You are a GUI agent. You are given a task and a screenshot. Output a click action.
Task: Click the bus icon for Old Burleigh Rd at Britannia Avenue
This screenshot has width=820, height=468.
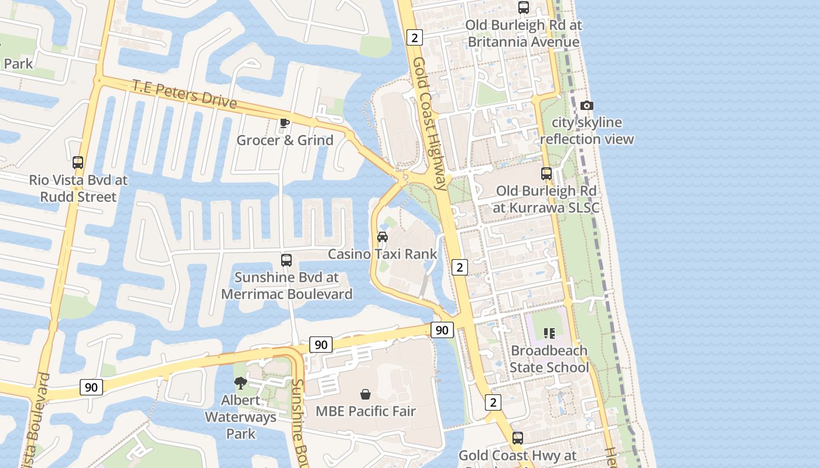[x=524, y=8]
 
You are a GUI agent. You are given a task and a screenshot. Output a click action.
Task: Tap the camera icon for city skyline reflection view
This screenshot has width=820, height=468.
[x=586, y=105]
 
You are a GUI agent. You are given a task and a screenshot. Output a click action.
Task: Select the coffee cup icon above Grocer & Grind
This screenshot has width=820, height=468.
[x=284, y=123]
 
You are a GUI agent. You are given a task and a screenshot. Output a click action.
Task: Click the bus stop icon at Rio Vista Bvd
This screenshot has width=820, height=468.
[x=78, y=163]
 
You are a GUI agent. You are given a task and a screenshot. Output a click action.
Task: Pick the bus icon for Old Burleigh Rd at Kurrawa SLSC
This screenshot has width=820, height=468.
[x=546, y=174]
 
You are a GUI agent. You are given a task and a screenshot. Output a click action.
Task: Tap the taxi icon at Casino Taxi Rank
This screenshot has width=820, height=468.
[x=382, y=237]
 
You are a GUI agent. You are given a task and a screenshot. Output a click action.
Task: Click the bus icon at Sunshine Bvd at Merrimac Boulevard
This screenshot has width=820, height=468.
[x=286, y=260]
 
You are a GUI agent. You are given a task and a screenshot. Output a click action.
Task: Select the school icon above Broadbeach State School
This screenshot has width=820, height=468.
[x=549, y=333]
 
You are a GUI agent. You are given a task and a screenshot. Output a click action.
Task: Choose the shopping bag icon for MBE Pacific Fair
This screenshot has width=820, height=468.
[x=365, y=394]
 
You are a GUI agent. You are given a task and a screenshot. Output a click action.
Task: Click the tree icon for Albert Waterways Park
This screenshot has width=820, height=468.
[x=240, y=383]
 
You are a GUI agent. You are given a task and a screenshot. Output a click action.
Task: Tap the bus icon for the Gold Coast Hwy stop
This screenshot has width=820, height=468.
[x=517, y=438]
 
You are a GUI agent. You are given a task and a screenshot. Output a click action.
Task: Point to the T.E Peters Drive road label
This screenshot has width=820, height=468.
[x=184, y=94]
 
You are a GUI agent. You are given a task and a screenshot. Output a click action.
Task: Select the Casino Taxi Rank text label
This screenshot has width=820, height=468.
[x=382, y=254]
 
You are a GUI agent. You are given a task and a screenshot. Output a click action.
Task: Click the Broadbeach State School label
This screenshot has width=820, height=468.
[x=549, y=359]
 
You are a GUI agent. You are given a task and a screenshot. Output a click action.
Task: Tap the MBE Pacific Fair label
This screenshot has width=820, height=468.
[x=365, y=411]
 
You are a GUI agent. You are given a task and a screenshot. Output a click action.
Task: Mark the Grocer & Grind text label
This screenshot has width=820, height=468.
[x=285, y=140]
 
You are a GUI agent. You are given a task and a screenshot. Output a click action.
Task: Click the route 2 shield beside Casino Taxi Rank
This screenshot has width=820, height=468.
[x=460, y=267]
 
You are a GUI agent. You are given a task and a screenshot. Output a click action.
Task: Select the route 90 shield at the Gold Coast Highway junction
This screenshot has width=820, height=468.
[x=442, y=330]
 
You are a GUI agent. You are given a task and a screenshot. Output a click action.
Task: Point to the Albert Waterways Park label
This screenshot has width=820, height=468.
[x=241, y=417]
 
